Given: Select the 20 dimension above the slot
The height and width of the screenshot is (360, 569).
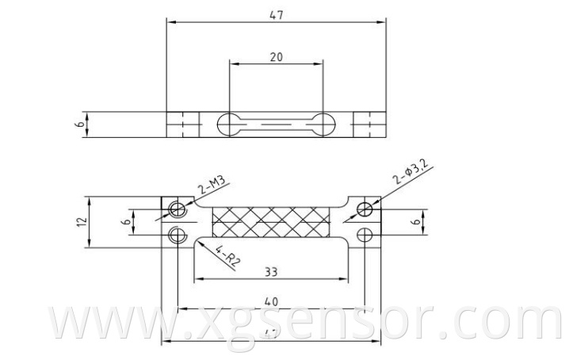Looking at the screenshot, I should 277,57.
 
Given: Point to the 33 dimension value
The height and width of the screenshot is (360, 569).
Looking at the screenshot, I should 271,271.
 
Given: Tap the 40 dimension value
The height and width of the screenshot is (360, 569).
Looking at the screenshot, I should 271,301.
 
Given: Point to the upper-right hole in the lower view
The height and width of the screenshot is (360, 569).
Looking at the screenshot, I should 365,209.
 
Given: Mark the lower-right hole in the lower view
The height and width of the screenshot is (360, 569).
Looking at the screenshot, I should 365,234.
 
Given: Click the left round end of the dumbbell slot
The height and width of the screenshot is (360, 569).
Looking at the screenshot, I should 229,124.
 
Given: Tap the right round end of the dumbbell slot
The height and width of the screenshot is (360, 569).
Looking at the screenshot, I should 323,124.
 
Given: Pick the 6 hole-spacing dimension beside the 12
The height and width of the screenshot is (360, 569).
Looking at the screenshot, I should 126,222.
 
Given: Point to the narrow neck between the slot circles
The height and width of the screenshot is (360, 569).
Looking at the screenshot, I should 276,124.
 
